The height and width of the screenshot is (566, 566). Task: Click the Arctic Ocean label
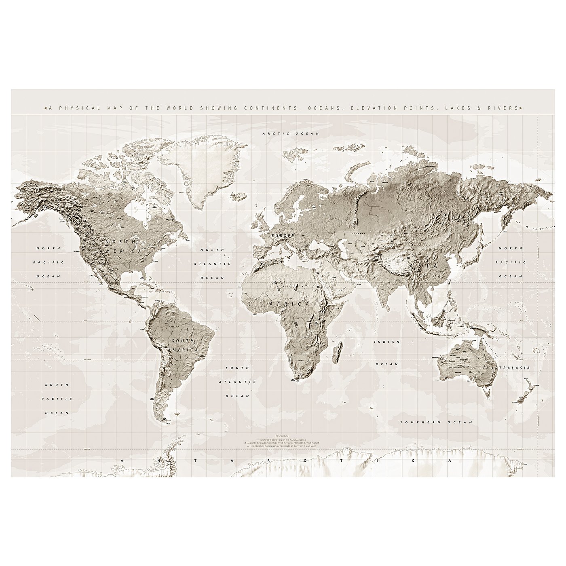click(x=291, y=133)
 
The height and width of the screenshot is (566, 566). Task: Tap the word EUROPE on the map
click(x=283, y=235)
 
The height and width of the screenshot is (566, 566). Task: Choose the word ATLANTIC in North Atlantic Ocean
click(x=213, y=264)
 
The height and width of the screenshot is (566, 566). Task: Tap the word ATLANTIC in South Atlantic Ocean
click(x=237, y=382)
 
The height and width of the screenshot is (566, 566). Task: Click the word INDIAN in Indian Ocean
click(x=386, y=342)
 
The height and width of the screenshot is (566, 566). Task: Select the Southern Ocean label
click(x=436, y=422)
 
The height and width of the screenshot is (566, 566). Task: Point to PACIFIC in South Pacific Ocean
click(x=57, y=399)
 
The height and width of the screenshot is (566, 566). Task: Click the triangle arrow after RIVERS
click(x=521, y=108)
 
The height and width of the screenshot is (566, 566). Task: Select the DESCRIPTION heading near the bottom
click(x=282, y=436)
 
